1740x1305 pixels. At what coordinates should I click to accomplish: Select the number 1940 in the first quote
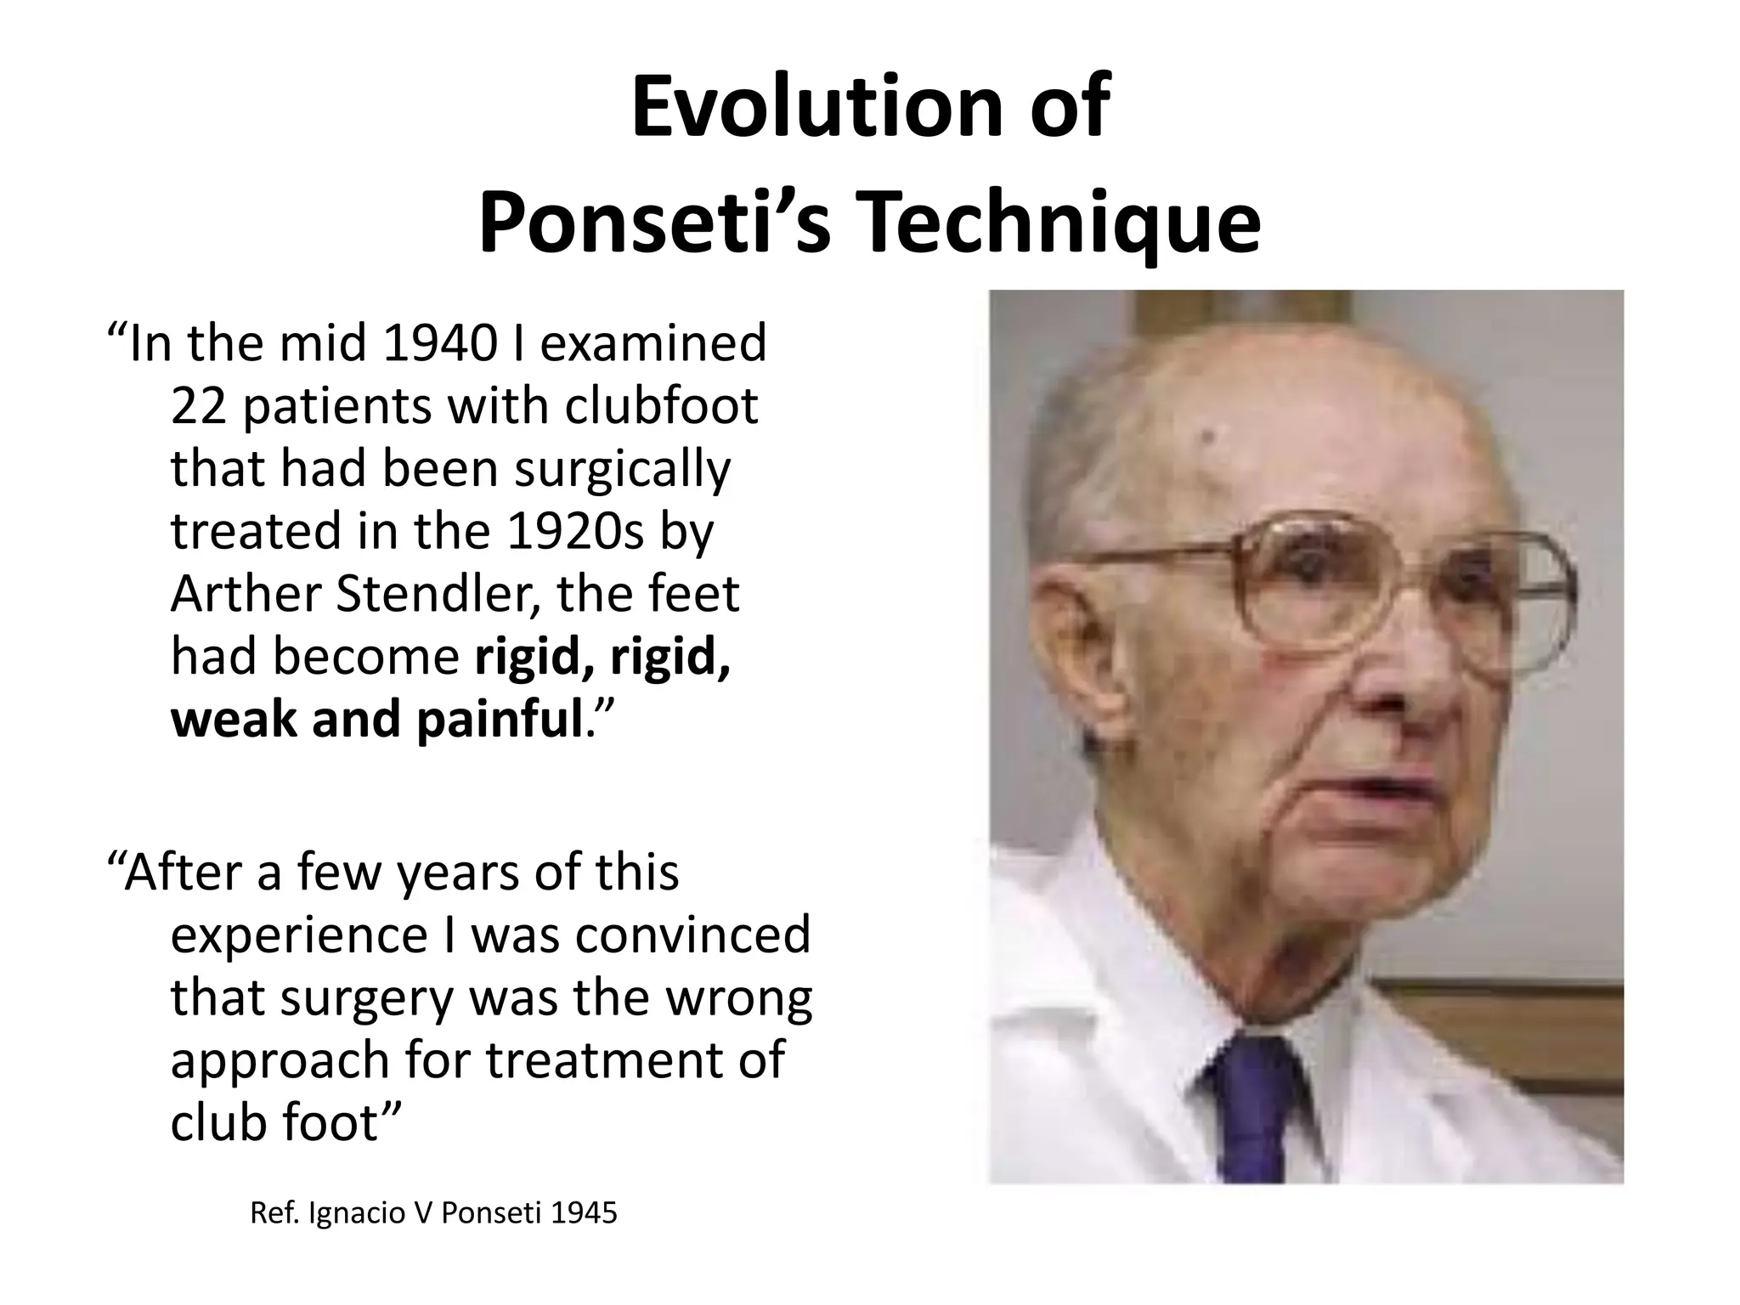coord(440,342)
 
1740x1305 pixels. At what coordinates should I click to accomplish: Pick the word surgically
coord(622,469)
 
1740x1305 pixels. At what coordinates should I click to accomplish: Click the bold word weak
coord(234,719)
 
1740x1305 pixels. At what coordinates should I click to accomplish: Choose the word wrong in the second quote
coord(738,997)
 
